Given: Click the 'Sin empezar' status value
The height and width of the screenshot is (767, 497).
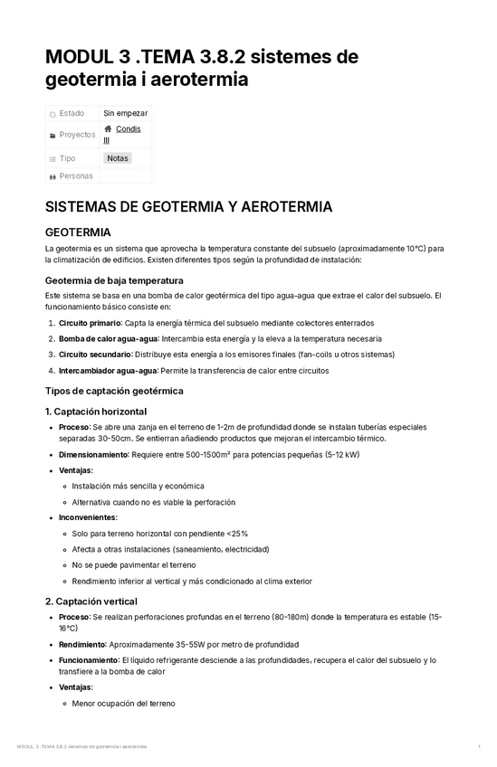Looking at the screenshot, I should click(x=126, y=113).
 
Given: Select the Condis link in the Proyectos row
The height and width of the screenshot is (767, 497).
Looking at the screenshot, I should click(x=128, y=129).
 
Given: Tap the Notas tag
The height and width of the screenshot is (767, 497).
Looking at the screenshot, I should click(x=118, y=157).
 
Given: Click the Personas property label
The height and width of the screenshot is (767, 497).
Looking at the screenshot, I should click(x=76, y=175).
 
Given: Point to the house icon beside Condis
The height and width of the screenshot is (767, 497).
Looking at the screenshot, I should click(x=108, y=129).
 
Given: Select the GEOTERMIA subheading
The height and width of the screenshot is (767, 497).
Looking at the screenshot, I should click(x=78, y=232).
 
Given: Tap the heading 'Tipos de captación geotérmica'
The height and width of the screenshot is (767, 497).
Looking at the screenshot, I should click(x=114, y=391).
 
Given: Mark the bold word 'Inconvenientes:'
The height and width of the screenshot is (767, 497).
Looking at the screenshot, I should click(x=88, y=517).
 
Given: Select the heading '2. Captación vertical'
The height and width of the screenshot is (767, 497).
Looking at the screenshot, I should click(x=91, y=601).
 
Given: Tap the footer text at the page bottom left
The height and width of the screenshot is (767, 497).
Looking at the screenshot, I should click(x=81, y=746).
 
